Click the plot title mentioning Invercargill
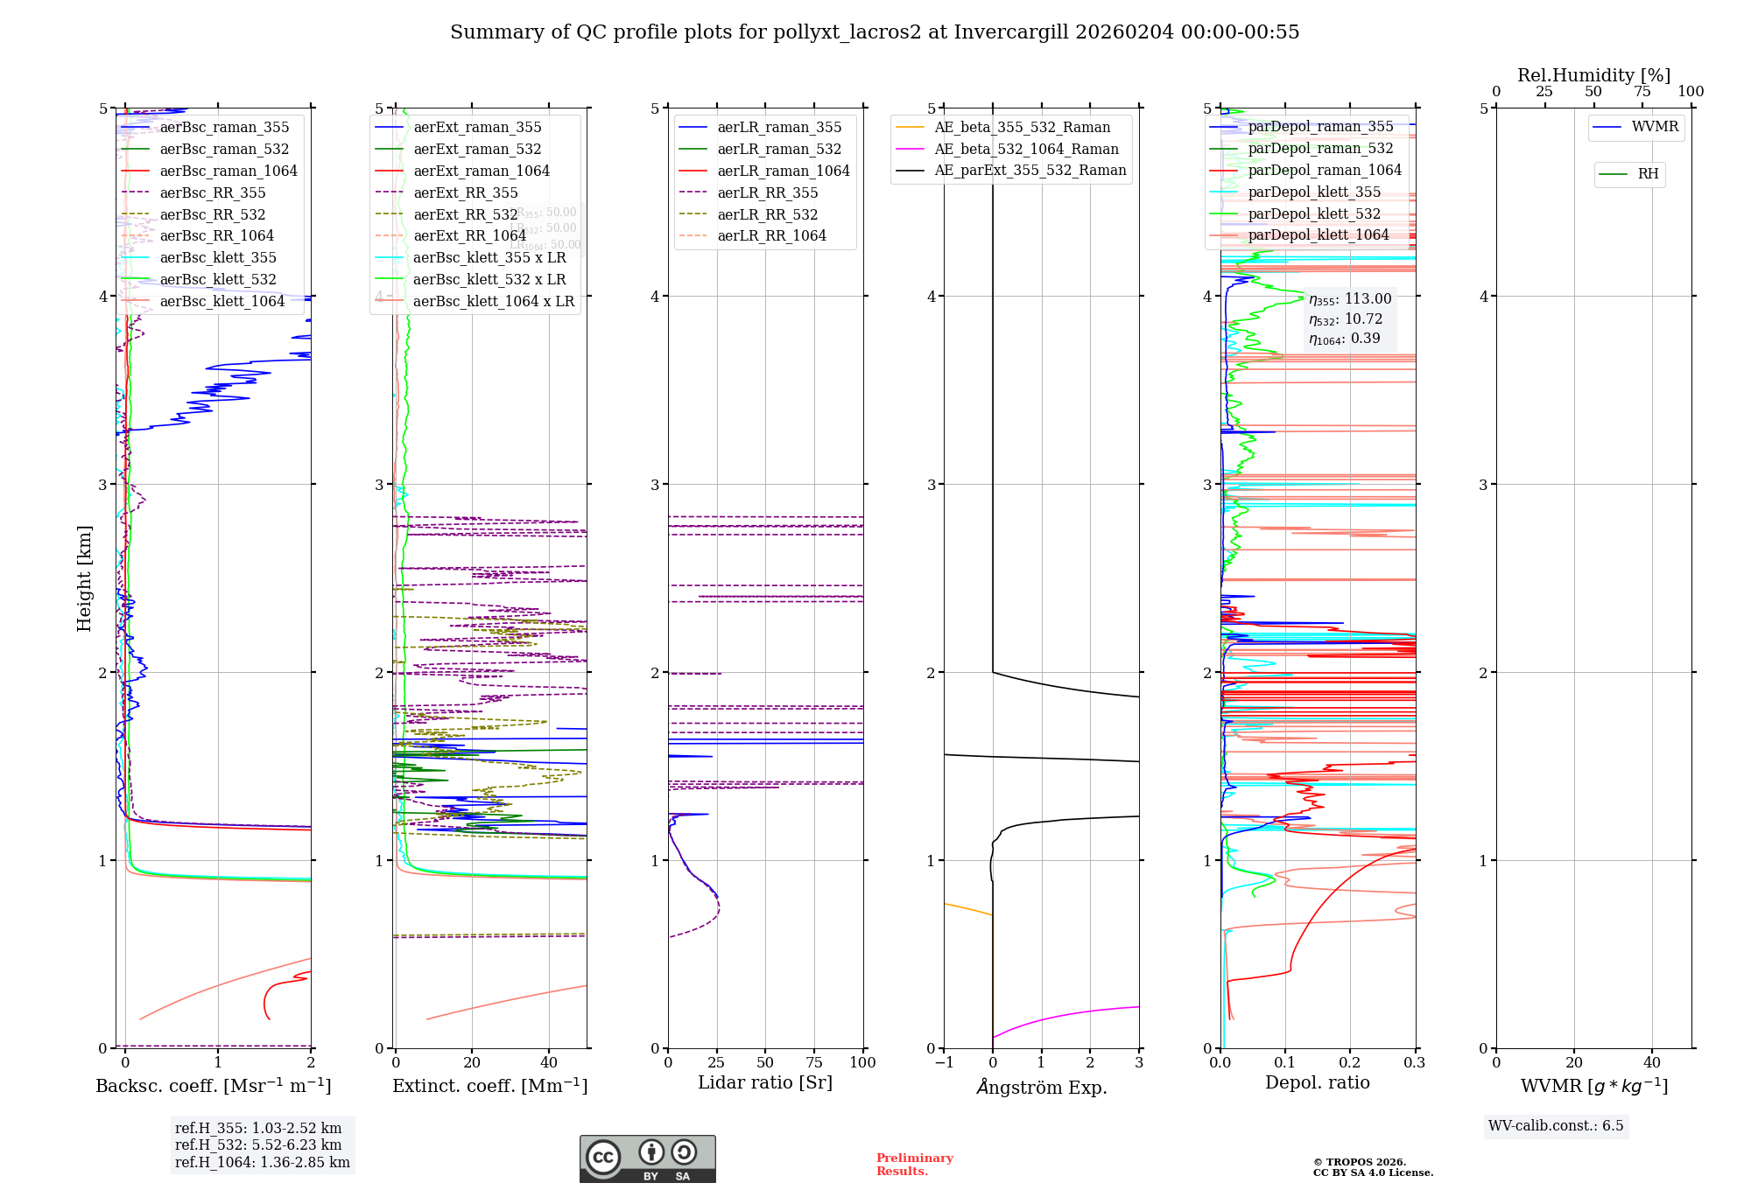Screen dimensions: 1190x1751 coord(875,32)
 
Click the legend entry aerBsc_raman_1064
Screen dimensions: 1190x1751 coord(228,171)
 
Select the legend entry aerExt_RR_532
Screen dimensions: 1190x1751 coord(465,214)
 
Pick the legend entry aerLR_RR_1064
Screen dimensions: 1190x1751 coord(771,236)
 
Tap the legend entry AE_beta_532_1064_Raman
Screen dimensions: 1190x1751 coord(1026,150)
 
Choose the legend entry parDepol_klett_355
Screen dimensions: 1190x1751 coord(1314,192)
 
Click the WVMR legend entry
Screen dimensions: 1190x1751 coord(1655,128)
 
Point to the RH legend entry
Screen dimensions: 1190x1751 coord(1648,174)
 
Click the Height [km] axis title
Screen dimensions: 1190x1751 coord(84,578)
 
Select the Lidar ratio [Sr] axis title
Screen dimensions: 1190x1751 coord(765,1083)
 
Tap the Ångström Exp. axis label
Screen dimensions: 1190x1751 coord(1042,1088)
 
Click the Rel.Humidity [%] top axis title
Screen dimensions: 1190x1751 coord(1593,75)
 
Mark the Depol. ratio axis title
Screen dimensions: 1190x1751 coord(1318,1083)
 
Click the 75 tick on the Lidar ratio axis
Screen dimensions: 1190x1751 coord(814,1063)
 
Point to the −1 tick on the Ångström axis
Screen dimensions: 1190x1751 coord(943,1063)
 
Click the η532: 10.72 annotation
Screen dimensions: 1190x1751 coord(1346,319)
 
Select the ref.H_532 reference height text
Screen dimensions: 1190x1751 coord(258,1145)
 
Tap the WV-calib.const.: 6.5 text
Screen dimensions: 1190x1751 coord(1556,1126)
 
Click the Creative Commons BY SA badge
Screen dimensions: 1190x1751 coord(647,1159)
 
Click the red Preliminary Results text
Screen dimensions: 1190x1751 coord(914,1165)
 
